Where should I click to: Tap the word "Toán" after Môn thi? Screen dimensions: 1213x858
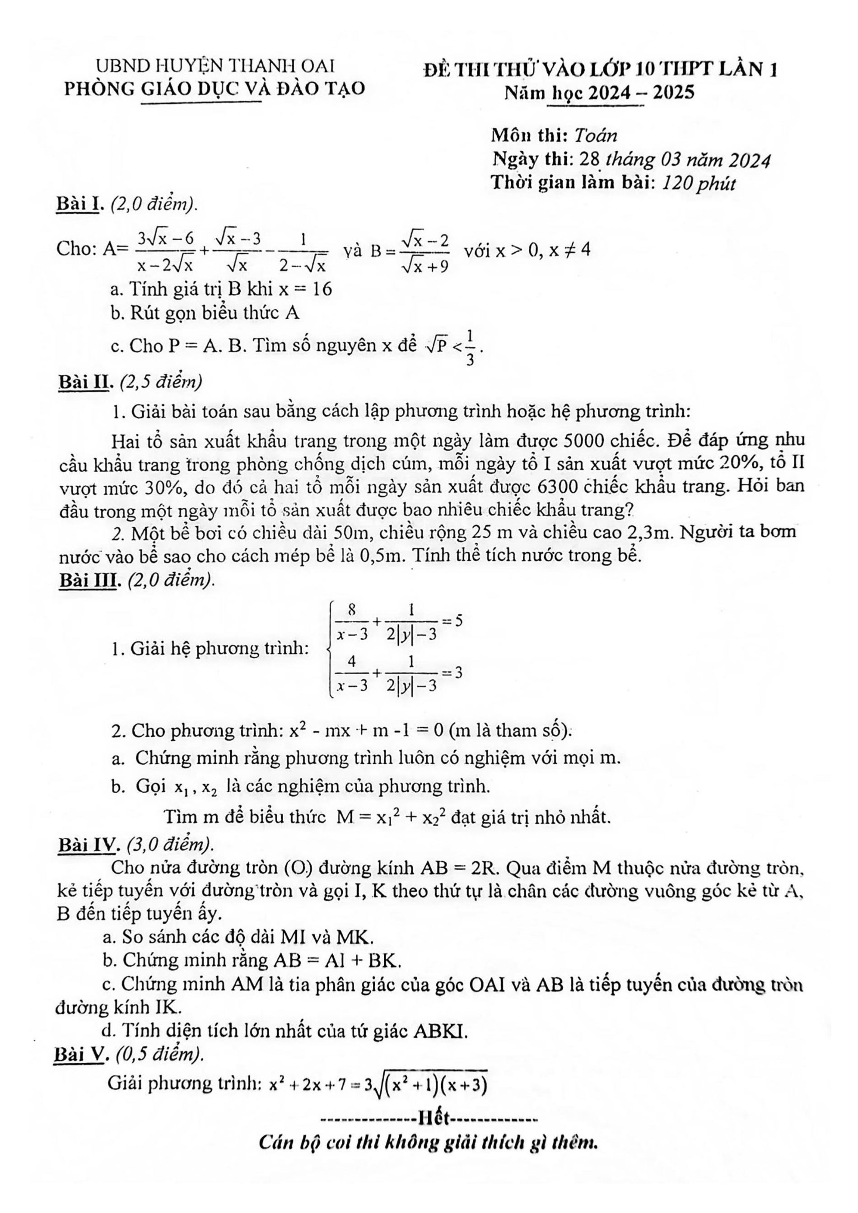tap(596, 136)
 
